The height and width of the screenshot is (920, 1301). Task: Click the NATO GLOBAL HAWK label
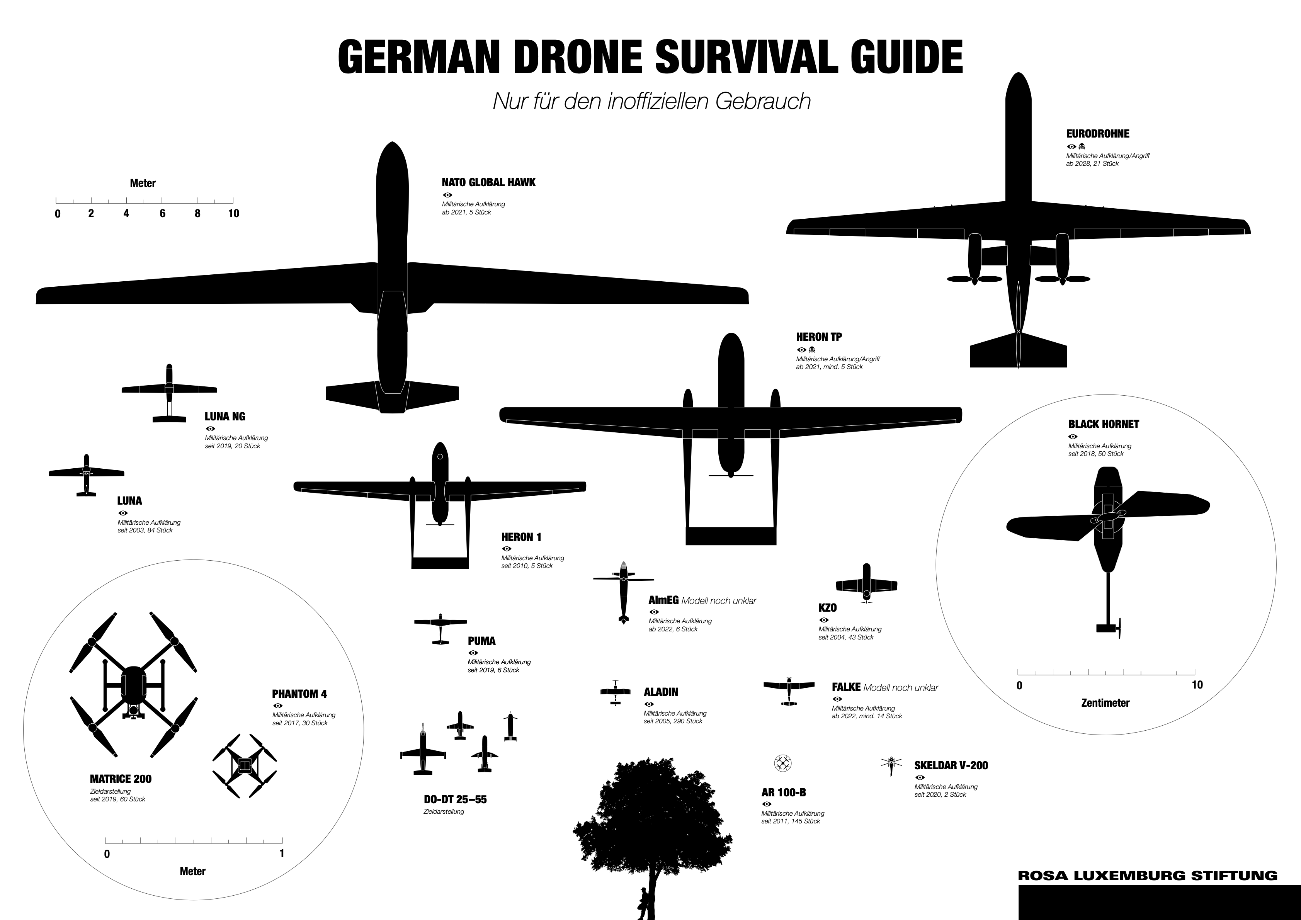488,182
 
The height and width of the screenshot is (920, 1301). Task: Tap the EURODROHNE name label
1098,134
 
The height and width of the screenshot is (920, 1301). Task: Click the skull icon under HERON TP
812,350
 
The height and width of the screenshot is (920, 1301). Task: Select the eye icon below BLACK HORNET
1073,436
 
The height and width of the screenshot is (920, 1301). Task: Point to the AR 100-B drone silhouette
782,763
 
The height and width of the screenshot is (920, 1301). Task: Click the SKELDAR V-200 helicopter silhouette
891,765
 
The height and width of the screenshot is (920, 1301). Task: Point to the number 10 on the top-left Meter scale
233,214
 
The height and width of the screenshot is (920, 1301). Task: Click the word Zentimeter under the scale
1105,703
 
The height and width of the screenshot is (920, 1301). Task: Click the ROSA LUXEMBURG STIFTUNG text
1148,875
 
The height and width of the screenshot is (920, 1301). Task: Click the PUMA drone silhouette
440,628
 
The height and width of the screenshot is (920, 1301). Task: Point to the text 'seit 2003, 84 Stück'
145,530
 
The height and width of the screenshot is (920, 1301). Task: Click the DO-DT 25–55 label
455,799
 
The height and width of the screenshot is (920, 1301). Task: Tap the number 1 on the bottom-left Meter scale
282,853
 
